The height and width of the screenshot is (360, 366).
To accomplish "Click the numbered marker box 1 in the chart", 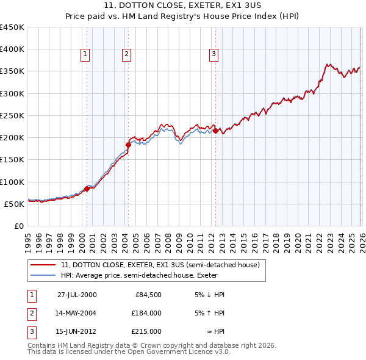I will click(85, 54).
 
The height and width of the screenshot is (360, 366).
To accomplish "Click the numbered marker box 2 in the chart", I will click(126, 54).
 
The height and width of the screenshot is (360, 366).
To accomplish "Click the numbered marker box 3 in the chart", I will click(214, 54).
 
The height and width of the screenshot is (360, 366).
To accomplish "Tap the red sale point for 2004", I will click(128, 145).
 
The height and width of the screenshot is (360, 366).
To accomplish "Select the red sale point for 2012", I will click(215, 130).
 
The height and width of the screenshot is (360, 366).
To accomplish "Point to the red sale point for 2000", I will click(87, 189).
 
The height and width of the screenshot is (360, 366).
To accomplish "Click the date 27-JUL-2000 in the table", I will click(77, 295).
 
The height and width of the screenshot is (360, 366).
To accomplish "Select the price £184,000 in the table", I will click(146, 313).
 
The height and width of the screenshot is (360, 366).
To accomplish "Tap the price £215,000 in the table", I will click(146, 331).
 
